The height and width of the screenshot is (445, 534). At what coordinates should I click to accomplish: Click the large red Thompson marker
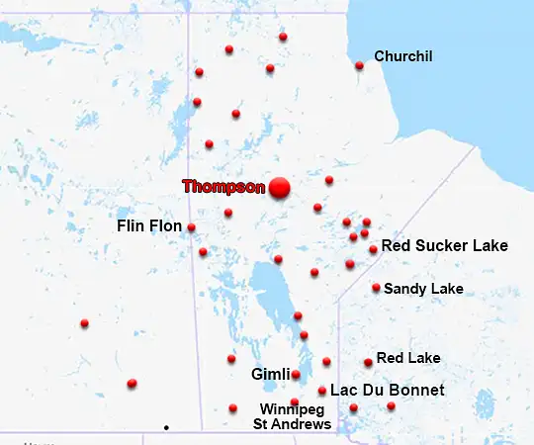pyautogui.click(x=280, y=187)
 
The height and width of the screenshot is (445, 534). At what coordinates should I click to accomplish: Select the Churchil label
pyautogui.click(x=403, y=56)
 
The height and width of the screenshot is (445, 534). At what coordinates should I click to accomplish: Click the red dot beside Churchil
pyautogui.click(x=359, y=66)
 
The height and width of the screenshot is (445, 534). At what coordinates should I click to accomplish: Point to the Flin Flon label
pyautogui.click(x=149, y=226)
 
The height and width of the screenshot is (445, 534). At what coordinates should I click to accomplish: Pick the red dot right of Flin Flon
pyautogui.click(x=191, y=227)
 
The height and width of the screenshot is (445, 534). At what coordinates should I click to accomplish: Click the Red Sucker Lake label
pyautogui.click(x=445, y=245)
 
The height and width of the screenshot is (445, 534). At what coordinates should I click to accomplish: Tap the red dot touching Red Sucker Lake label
pyautogui.click(x=373, y=249)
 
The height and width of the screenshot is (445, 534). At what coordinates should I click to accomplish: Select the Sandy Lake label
pyautogui.click(x=423, y=289)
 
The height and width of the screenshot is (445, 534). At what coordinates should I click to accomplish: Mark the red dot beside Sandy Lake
pyautogui.click(x=376, y=288)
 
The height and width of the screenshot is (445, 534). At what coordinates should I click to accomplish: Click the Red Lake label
pyautogui.click(x=408, y=358)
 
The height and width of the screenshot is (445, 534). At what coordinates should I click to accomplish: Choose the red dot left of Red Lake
pyautogui.click(x=368, y=363)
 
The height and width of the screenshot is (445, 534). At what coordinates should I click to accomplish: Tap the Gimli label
pyautogui.click(x=270, y=375)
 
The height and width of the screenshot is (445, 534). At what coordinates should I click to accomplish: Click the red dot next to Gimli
pyautogui.click(x=296, y=375)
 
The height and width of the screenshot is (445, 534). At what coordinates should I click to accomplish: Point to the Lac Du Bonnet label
pyautogui.click(x=388, y=391)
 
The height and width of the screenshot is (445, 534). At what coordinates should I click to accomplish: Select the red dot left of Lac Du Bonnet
pyautogui.click(x=322, y=391)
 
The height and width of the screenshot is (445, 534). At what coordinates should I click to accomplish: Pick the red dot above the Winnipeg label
pyautogui.click(x=295, y=401)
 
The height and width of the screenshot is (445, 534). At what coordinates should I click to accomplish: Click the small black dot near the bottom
pyautogui.click(x=166, y=427)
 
